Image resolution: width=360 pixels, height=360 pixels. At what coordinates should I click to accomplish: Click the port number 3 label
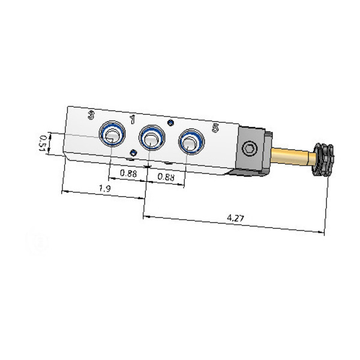point(91,115)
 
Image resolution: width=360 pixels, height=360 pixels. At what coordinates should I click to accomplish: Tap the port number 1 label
point(132,119)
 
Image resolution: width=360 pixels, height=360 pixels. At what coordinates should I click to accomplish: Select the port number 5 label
point(215,128)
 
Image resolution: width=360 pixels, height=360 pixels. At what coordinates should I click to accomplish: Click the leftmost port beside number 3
point(112,133)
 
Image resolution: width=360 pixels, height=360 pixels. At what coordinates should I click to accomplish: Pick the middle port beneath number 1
point(152,137)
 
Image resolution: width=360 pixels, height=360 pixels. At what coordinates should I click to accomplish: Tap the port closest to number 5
point(191,142)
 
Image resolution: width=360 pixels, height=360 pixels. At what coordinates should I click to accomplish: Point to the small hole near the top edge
point(170,123)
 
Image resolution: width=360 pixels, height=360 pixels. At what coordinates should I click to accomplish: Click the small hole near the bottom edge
point(133,152)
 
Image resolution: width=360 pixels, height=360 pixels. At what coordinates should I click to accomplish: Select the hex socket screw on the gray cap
point(250,149)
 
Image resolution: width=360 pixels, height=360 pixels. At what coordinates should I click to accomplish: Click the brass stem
point(293,156)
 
